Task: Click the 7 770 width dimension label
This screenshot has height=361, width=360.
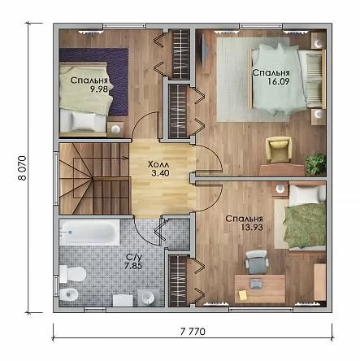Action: click(193, 332)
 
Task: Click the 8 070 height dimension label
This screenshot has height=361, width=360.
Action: click(22, 168)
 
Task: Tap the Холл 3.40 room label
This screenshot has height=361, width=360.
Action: click(159, 168)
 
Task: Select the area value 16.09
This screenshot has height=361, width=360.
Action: click(279, 81)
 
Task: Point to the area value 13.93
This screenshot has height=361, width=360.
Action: click(252, 227)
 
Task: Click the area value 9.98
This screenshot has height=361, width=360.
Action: click(99, 89)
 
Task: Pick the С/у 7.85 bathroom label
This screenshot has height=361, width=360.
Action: click(133, 261)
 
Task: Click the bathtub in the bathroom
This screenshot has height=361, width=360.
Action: click(89, 232)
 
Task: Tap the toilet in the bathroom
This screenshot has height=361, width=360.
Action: click(72, 274)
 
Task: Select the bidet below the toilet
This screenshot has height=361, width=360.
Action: click(68, 294)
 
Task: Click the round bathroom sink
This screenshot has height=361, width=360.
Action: click(148, 298)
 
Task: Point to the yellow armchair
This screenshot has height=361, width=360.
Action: click(279, 150)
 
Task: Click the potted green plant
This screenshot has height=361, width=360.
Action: click(315, 164)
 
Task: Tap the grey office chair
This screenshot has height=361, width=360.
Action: click(257, 262)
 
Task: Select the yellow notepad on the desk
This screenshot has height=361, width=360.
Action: click(242, 295)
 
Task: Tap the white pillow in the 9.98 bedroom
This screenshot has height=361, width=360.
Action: click(84, 120)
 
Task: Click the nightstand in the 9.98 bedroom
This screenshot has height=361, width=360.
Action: click(115, 129)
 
